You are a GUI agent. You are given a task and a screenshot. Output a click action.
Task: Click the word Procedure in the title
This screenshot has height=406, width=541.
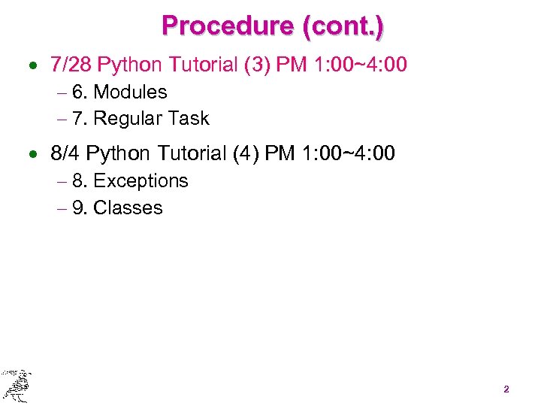pos(227,26)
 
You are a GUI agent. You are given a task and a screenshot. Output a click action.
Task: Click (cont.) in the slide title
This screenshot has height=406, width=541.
pos(342,26)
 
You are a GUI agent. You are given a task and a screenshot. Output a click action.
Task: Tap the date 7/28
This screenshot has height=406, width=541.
pos(71,65)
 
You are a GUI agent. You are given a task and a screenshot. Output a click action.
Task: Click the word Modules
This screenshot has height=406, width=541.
pos(130,92)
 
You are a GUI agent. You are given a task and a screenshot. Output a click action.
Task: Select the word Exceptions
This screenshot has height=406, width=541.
pos(141,181)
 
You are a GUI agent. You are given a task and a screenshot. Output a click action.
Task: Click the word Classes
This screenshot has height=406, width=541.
pos(128,208)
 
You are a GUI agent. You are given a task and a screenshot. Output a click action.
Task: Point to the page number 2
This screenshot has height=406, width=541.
pos(506,389)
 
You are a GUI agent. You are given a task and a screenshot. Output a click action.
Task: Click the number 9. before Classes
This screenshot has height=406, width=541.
pos(79,208)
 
